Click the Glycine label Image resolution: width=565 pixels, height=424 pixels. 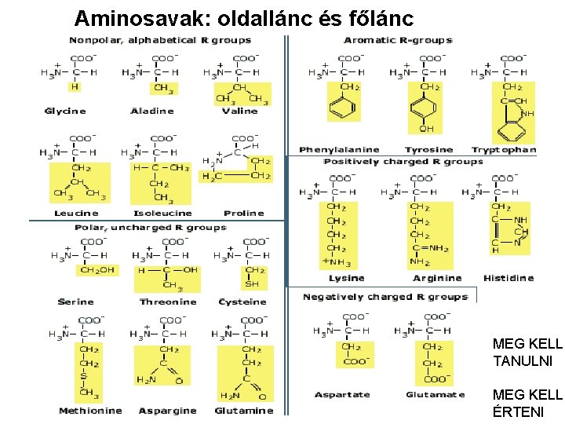coord(64,111)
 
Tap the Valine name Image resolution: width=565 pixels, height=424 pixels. coord(239,111)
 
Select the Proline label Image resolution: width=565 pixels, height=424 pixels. coord(243,214)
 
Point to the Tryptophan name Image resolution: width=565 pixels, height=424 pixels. coord(504,150)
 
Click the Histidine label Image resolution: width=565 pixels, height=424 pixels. coord(508,278)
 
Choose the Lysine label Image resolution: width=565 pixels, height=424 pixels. coord(346,278)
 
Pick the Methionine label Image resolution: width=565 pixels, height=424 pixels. coord(90,411)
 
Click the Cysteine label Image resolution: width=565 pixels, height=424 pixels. coord(242,302)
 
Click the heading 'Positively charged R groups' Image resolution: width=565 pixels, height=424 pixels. coord(403,162)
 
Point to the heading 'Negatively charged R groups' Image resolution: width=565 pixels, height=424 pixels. coord(385,297)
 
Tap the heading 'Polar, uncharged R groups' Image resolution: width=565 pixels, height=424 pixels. coord(151,228)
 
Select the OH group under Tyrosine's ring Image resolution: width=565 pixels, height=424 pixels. coord(426,129)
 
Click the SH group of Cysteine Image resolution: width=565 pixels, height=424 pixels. coord(252,283)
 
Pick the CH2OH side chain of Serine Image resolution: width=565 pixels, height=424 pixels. coord(97,270)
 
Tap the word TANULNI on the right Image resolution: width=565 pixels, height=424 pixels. coord(523,361)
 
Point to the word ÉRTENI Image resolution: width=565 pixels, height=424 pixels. coord(519,409)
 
